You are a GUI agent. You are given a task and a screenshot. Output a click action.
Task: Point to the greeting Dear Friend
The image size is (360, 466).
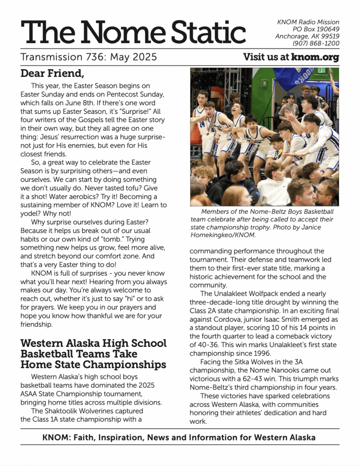point(52,73)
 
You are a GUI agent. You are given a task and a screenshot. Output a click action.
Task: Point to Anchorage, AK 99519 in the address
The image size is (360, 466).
point(307,36)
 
